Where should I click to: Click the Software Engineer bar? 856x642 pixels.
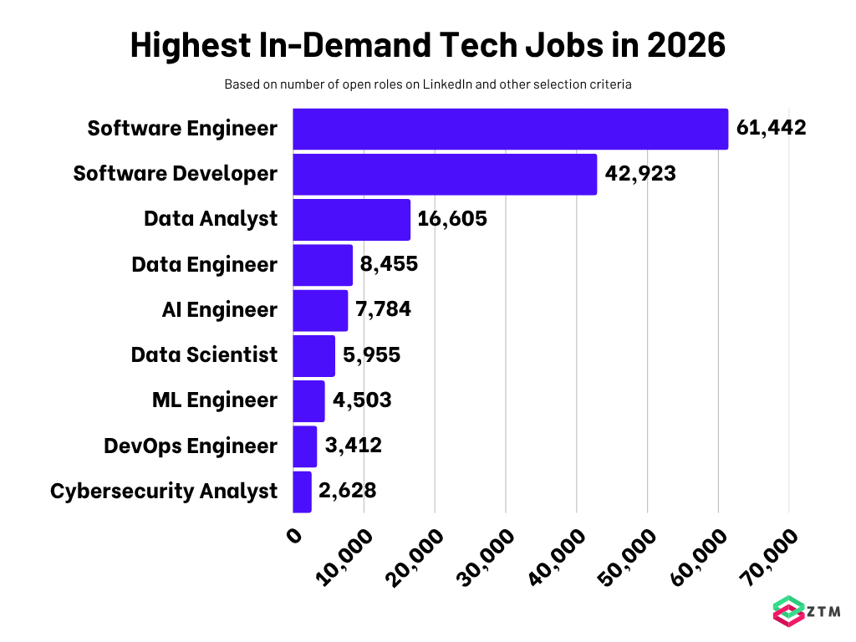510,129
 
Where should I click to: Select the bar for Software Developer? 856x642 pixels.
445,174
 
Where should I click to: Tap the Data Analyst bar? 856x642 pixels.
351,219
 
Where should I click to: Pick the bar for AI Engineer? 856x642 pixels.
320,310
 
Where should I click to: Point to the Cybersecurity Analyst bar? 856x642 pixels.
302,492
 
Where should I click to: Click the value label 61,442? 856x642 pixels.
771,129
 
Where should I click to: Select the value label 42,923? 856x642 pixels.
640,174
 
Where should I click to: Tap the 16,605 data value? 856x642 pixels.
452,219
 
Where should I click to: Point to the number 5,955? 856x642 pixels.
372,355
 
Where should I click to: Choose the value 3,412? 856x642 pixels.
354,446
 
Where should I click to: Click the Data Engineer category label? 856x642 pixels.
204,265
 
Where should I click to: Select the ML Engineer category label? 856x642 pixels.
215,400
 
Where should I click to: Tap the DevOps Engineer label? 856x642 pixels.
190,446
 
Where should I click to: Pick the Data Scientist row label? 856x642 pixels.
204,355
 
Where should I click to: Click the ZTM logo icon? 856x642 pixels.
786,611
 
